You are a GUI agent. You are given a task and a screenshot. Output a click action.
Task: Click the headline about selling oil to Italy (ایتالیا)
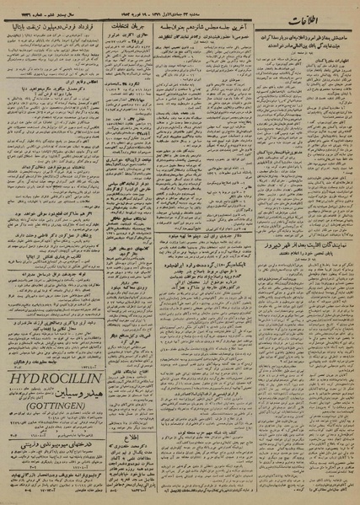[50, 30]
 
